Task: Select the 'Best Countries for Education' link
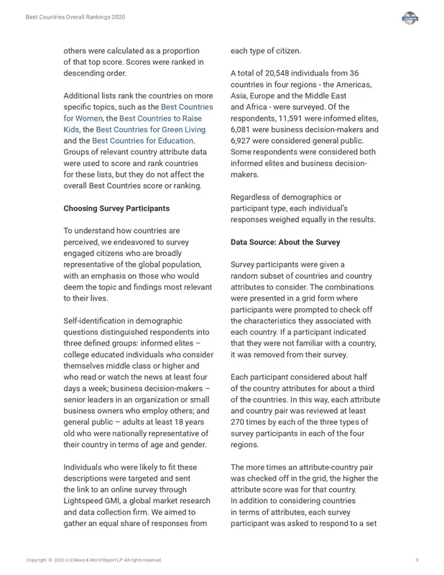click(142, 141)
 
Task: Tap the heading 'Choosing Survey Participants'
click(116, 208)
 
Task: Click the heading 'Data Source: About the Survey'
click(285, 242)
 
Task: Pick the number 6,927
click(245, 141)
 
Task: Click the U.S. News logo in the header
click(410, 18)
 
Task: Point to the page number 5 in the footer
click(417, 560)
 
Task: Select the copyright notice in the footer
click(94, 560)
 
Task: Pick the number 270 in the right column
click(240, 422)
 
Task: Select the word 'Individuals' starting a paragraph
click(87, 467)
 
